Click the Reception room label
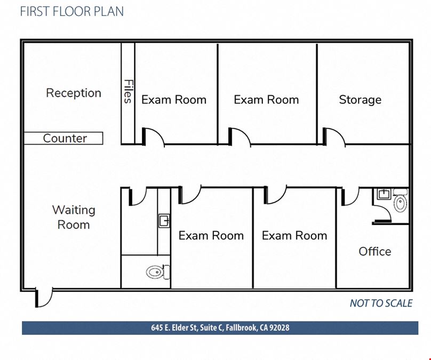coord(74,93)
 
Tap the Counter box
coord(63,138)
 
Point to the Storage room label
coord(360,100)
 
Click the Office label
coord(375,251)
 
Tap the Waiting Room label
coord(74,218)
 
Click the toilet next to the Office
coord(400,201)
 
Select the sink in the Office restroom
coord(384,194)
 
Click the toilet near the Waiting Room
coord(158,272)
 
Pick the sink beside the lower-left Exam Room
coord(164,221)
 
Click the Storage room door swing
coord(334,137)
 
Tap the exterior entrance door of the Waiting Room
coord(44,298)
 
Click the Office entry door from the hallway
coord(350,197)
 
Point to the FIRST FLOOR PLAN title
coord(71,11)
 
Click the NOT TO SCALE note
coord(381,303)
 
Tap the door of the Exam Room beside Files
coord(153,137)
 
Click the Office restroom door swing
coord(382,214)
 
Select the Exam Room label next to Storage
coord(266,100)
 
